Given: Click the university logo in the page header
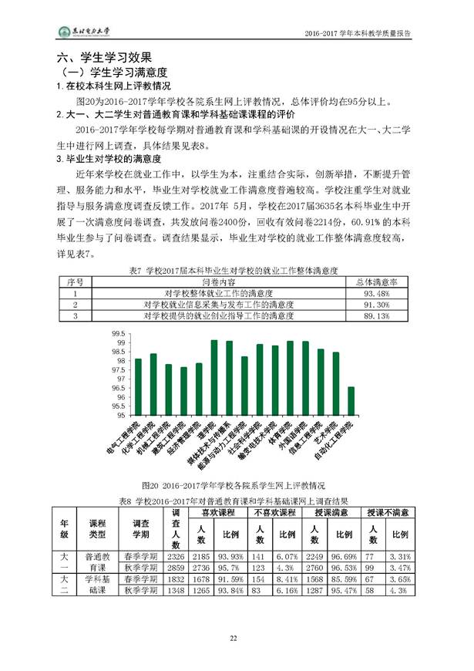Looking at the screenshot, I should coord(86,33).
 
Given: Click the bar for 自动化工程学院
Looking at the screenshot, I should coord(351,402).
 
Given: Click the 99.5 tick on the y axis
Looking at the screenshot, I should coord(119,333).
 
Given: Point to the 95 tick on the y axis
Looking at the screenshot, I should coord(121,417).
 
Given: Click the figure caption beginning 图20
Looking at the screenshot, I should coord(231,487).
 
